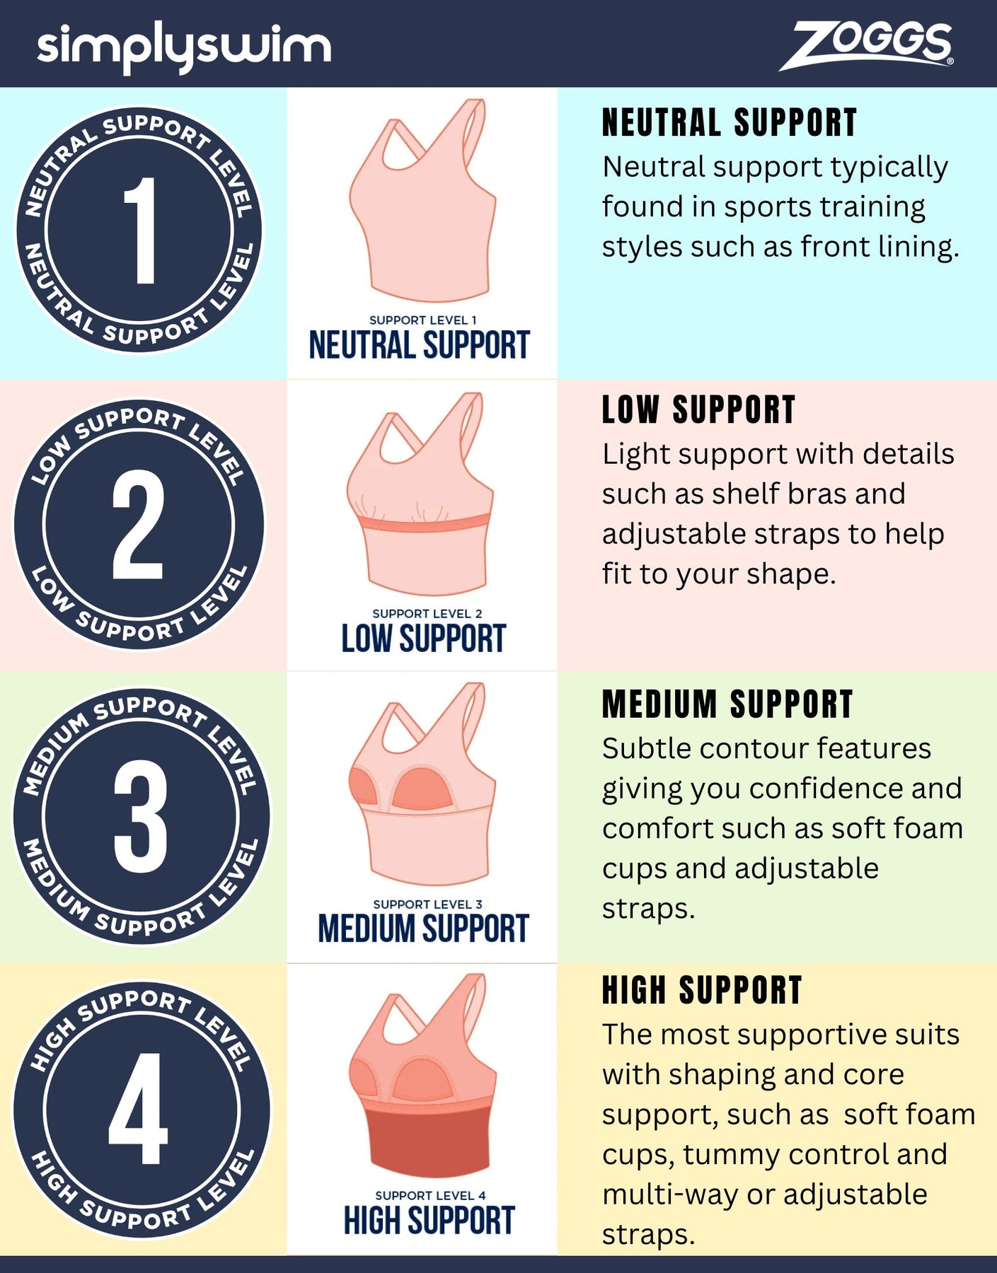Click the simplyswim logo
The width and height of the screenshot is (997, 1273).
coord(184,47)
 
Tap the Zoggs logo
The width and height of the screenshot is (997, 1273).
coord(867,45)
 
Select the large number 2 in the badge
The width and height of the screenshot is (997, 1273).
coord(138,524)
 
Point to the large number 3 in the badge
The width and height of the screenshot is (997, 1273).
coord(140,816)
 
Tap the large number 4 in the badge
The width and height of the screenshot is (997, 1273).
coord(138,1108)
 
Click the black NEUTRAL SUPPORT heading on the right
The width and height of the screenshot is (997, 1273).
coord(730,123)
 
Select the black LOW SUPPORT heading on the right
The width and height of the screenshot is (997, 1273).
coord(699,410)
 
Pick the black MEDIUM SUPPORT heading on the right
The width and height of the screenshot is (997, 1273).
coord(727,704)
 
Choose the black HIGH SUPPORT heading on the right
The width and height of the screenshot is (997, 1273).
coord(702,990)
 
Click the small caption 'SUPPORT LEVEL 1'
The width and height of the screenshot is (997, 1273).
coord(423,320)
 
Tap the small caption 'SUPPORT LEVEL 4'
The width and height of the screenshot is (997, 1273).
coord(430,1195)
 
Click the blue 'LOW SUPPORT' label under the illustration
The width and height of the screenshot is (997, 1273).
coord(423,639)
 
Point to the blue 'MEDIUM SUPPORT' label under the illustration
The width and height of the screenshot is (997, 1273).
coord(423,929)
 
